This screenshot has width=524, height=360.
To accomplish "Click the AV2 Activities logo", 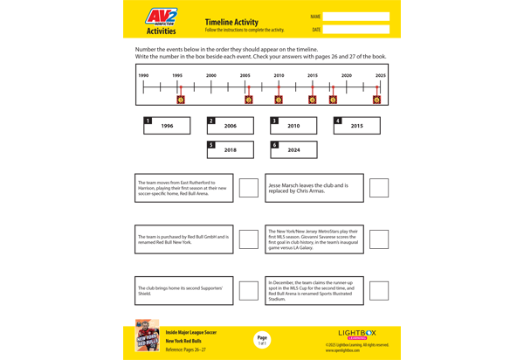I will point(161,21).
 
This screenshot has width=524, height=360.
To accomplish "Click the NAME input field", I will point(355,17).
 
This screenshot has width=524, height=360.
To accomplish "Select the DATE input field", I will point(355,30).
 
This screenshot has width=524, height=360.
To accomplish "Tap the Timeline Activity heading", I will point(231,22).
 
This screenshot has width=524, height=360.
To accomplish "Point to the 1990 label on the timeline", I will point(143,75).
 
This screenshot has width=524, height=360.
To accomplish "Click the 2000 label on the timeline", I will point(211,75).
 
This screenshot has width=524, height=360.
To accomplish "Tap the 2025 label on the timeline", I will point(380,75).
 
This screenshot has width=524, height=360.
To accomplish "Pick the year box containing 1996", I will point(167,126).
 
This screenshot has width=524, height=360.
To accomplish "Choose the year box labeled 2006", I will point(231,126).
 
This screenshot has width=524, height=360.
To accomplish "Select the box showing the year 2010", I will point(293,126).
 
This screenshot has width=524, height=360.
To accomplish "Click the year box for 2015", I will point(356,126).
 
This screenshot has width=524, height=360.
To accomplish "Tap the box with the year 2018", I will point(231,149).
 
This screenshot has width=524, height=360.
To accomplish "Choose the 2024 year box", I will point(293,149).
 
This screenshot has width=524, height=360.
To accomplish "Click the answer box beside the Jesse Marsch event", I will point(379,188).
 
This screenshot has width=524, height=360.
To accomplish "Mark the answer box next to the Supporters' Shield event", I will point(249,291).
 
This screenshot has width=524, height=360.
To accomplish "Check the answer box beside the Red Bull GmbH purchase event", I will point(249,239).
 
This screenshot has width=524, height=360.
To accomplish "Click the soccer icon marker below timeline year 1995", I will point(181,100).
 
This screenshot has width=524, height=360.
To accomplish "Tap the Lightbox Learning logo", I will point(357,334).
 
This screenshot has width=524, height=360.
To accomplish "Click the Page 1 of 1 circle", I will point(262,340).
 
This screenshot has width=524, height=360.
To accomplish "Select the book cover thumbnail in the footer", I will point(147,336).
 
